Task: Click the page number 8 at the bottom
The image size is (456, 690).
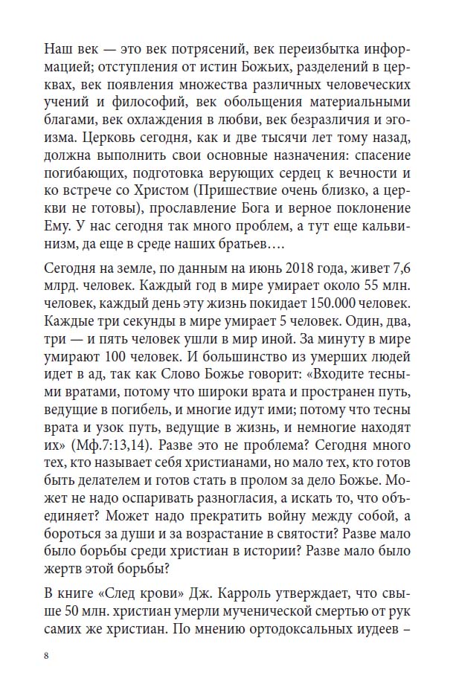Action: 46,656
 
